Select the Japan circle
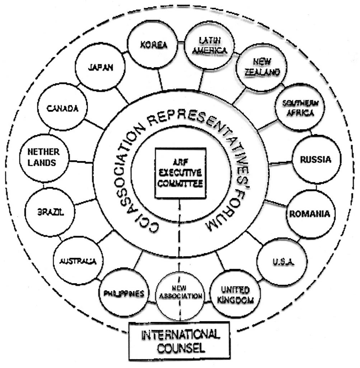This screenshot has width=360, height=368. [100, 68]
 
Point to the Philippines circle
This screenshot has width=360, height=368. [124, 293]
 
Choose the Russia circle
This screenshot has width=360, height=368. [311, 160]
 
